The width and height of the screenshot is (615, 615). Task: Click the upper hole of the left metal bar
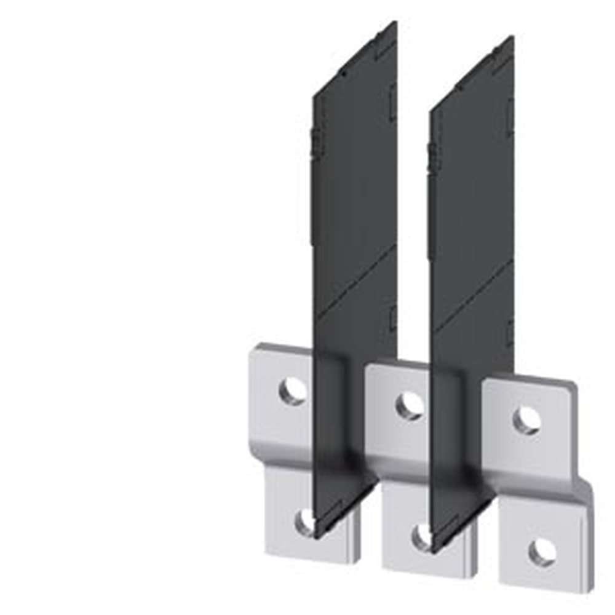pyautogui.click(x=293, y=391)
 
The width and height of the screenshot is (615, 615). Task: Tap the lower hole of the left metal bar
pyautogui.click(x=304, y=522)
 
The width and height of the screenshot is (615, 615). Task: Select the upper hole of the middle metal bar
pyautogui.click(x=410, y=405)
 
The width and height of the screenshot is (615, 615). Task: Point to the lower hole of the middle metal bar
pyautogui.click(x=422, y=536)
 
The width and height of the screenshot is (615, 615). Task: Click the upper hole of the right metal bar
pyautogui.click(x=527, y=420)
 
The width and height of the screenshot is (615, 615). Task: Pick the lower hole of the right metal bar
pyautogui.click(x=541, y=552)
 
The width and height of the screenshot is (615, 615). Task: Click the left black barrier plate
pyautogui.click(x=354, y=246)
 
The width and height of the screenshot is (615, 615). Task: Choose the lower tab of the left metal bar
pyautogui.click(x=289, y=535)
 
